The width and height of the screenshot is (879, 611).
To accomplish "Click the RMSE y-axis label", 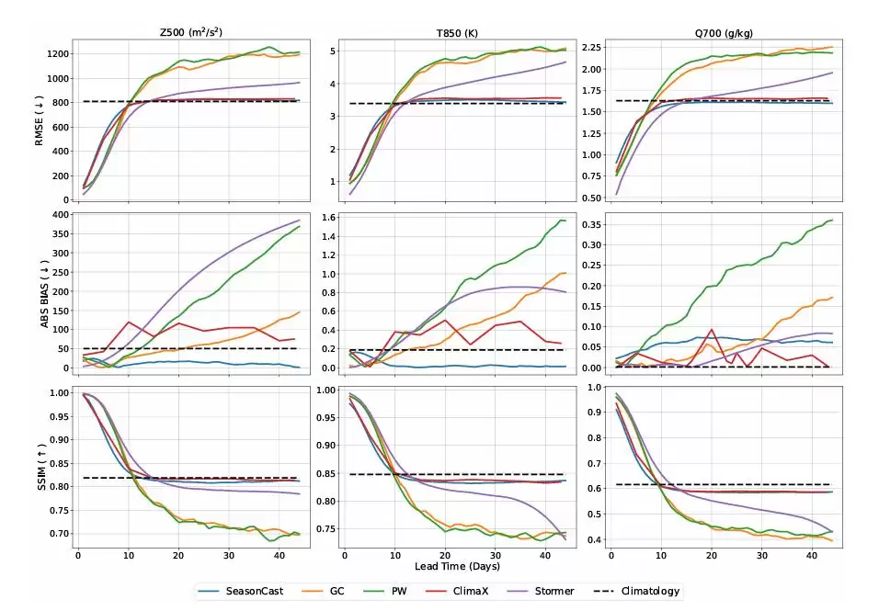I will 40,119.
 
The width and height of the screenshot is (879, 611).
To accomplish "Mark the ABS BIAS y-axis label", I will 40,291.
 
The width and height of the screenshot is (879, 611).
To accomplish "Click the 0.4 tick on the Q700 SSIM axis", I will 593,539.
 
